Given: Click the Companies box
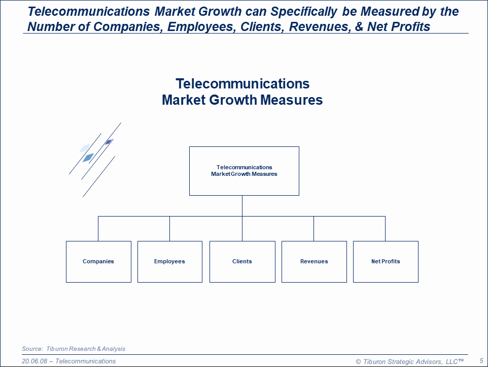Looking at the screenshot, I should tap(98, 262).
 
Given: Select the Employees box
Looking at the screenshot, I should tap(169, 262).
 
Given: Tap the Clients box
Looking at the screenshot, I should tap(242, 262).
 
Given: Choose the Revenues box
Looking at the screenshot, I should tap(314, 262).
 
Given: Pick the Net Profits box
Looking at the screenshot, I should tap(386, 262).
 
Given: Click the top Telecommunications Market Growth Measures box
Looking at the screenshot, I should tap(244, 171).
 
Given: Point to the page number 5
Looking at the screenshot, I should tap(481, 360).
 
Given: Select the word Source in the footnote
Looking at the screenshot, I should tap(32, 349).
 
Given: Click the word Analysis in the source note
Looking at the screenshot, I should tap(113, 349).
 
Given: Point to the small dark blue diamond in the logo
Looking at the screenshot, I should tap(108, 142).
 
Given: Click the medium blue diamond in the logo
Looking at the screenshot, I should tap(88, 158).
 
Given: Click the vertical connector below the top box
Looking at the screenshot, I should tap(242, 206).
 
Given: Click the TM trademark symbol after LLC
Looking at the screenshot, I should tap(461, 360).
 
